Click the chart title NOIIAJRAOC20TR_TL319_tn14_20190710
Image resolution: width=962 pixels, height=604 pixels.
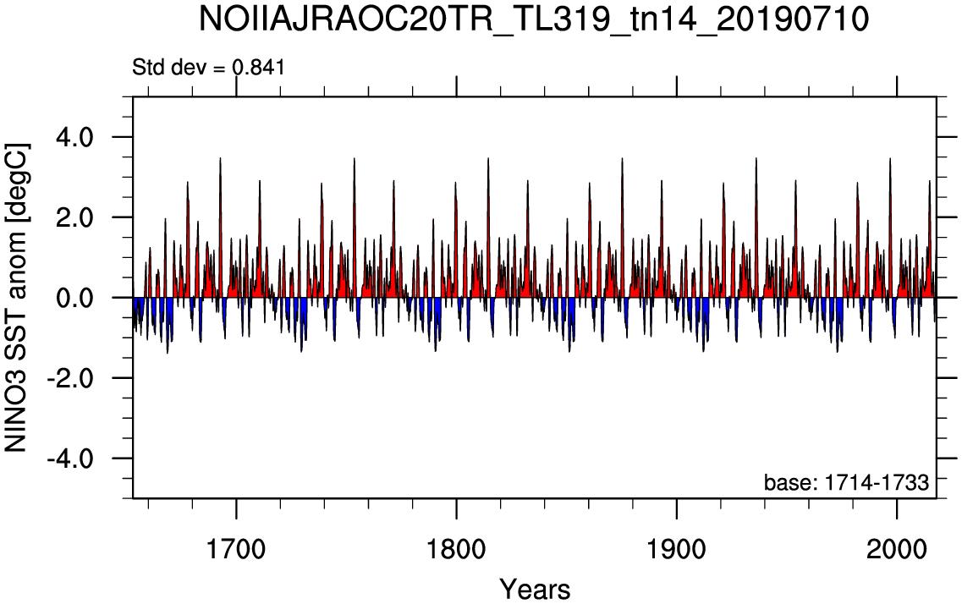coord(534,20)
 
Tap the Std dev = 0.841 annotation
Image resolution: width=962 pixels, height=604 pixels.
coord(209,67)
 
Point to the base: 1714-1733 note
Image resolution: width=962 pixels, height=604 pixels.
coord(846,483)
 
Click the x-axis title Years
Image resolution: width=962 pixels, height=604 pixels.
coord(535,590)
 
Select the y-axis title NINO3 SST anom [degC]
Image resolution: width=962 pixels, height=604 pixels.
coord(17,298)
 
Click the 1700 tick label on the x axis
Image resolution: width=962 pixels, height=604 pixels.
coord(236,549)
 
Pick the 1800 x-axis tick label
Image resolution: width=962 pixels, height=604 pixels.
coord(456,549)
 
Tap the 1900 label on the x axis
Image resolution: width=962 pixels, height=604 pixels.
coord(677,549)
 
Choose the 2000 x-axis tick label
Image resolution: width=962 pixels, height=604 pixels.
coord(897,549)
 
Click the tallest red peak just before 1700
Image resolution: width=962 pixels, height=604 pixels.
coord(220,159)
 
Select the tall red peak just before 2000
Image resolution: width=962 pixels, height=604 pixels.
coord(890,159)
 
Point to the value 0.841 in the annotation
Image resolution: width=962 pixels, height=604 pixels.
coord(258,67)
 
